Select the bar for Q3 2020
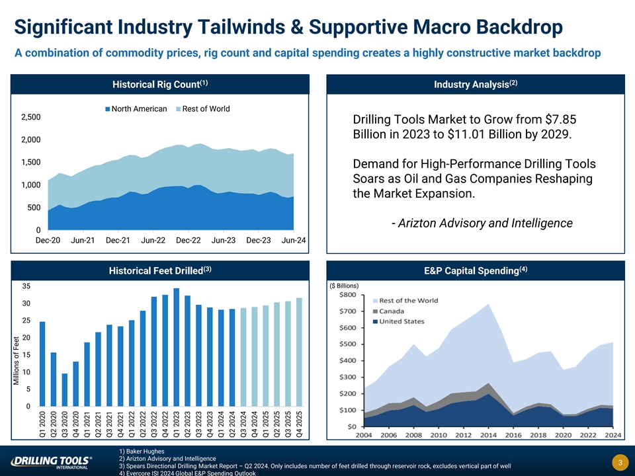point(65,390)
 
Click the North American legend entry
point(136,109)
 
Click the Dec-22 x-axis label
point(188,241)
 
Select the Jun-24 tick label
point(293,241)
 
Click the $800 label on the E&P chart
point(348,295)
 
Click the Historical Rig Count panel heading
point(161,85)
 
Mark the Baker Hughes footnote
point(142,452)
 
